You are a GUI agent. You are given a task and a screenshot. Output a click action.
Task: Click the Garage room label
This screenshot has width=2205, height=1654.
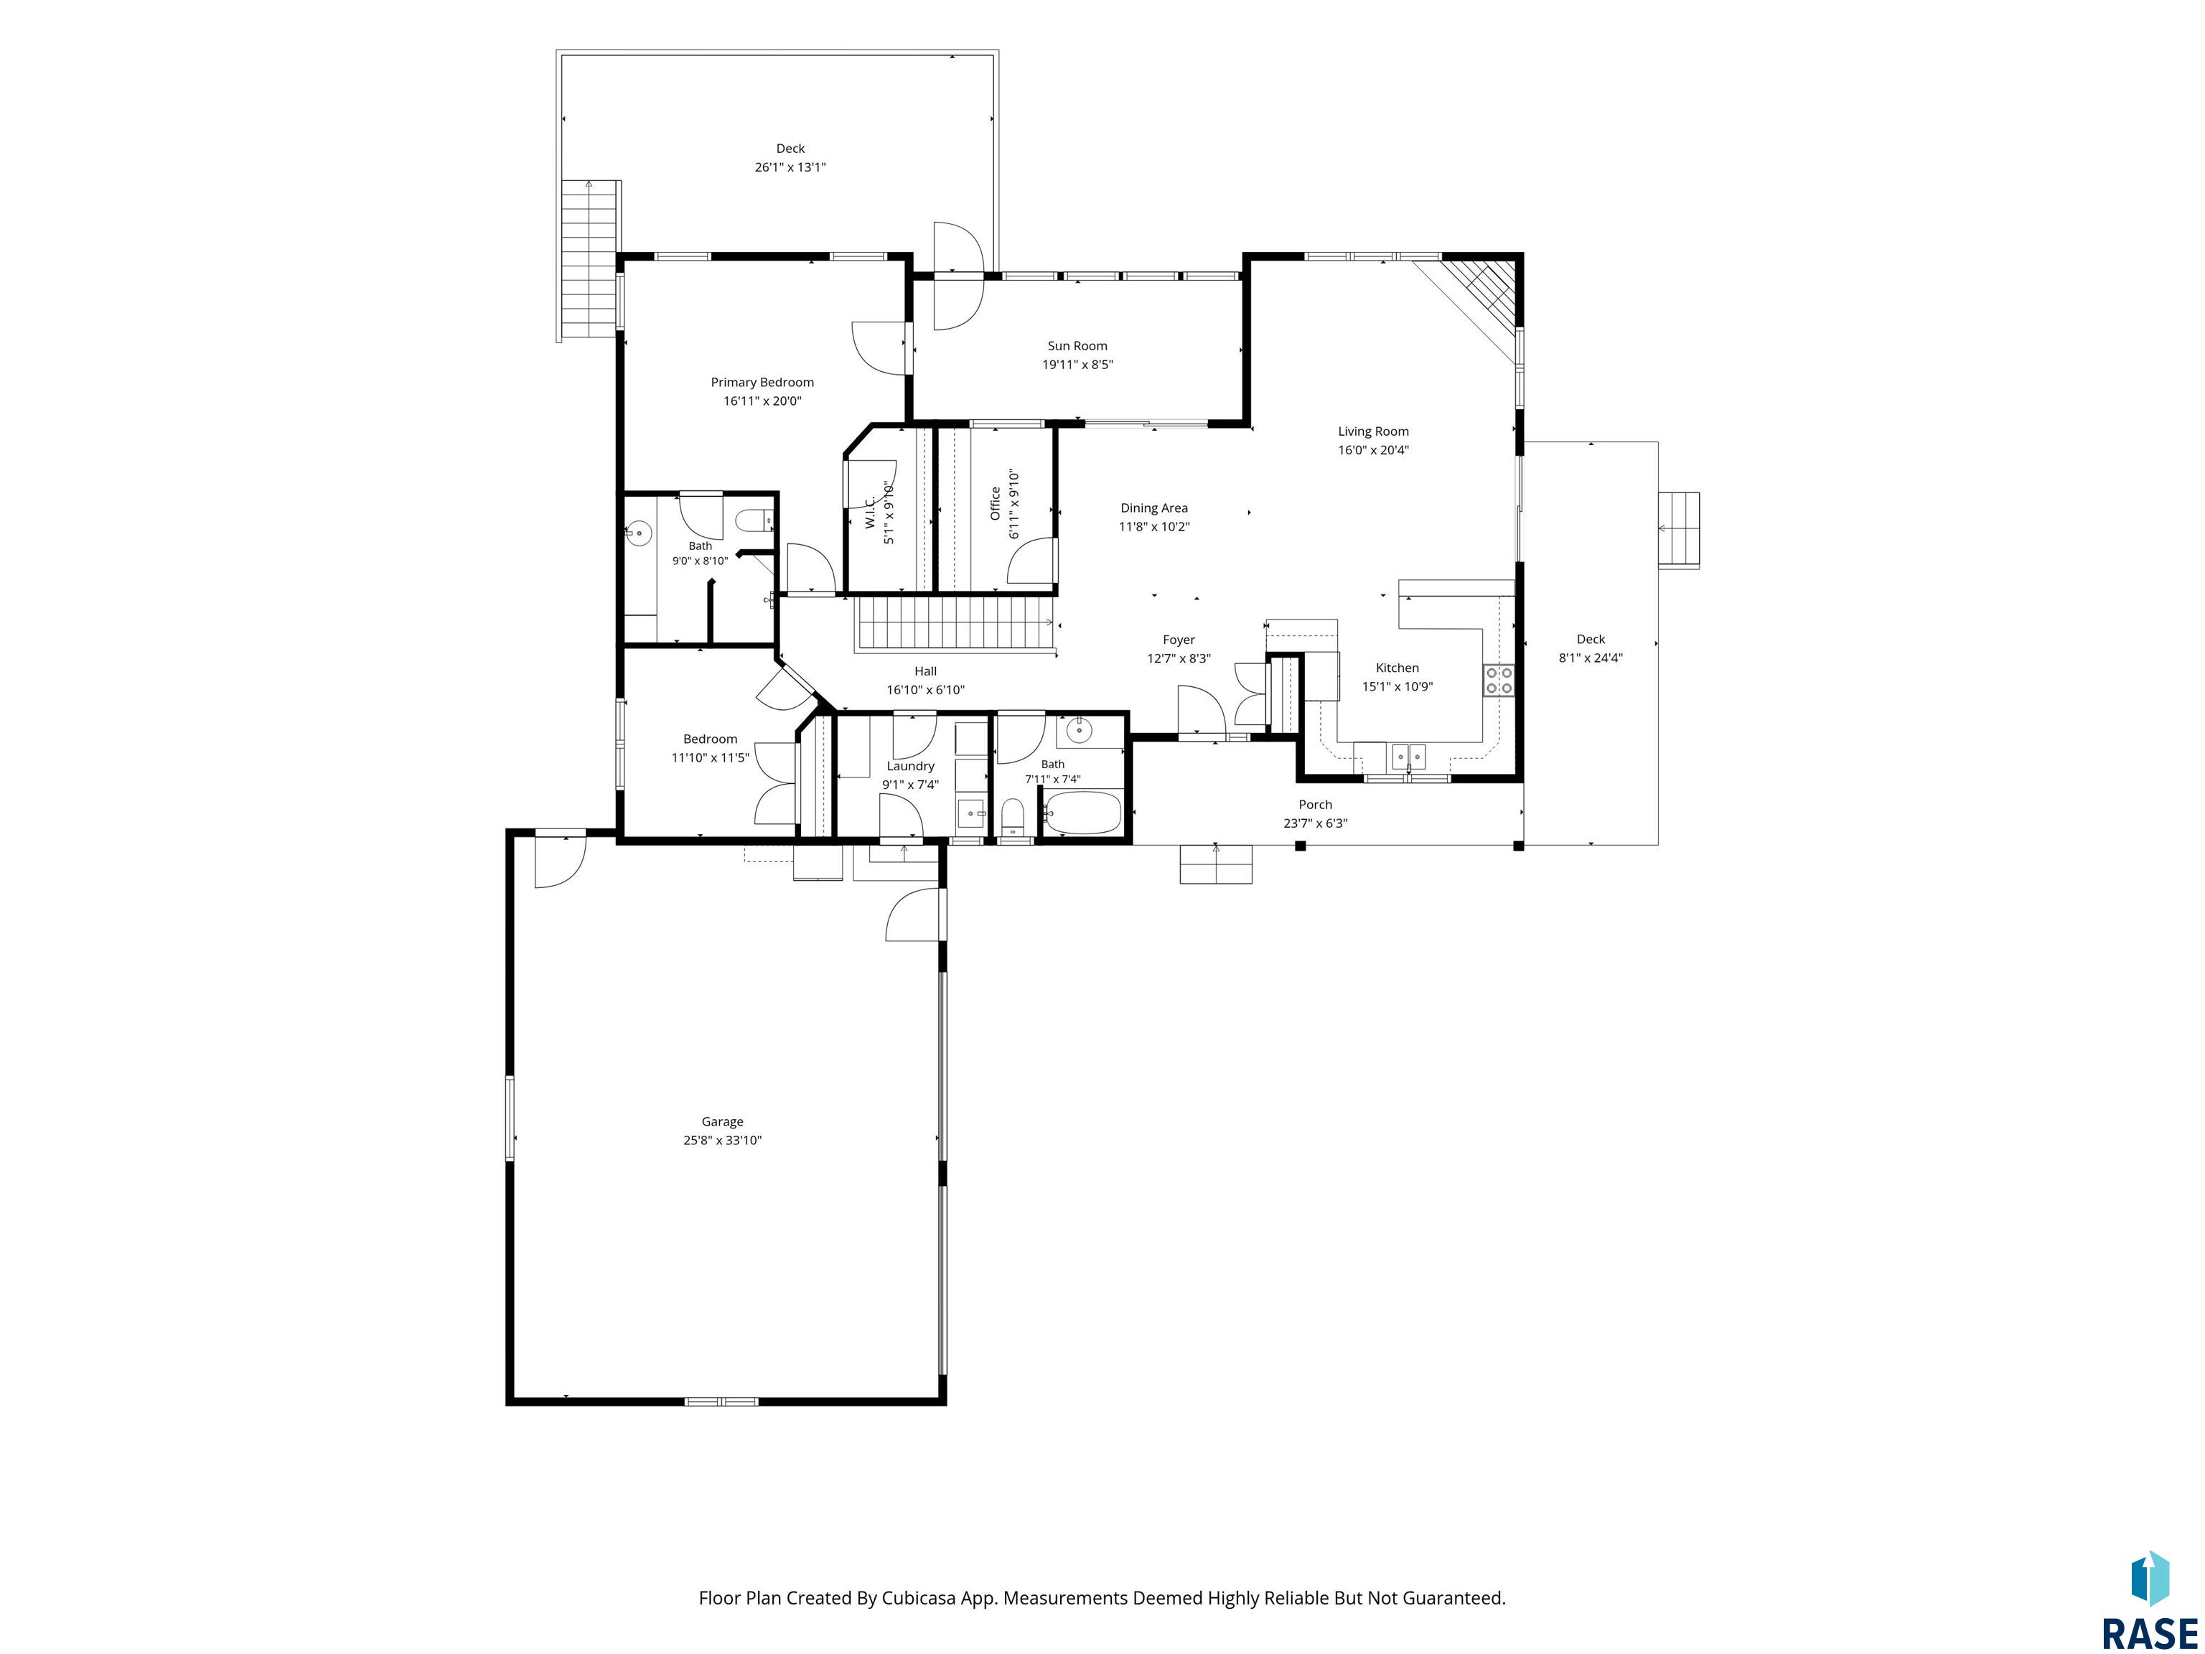click(721, 1121)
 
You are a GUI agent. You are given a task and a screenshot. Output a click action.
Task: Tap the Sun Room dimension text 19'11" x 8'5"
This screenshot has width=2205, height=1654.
click(1077, 365)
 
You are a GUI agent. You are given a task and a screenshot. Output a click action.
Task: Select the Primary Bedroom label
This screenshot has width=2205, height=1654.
click(762, 383)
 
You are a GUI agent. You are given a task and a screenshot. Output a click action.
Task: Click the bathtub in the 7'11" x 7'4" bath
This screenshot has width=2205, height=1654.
click(1084, 813)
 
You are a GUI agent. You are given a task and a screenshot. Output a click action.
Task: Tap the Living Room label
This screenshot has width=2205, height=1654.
click(1374, 431)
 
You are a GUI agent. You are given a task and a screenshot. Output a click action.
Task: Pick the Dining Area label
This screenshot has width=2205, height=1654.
click(1154, 508)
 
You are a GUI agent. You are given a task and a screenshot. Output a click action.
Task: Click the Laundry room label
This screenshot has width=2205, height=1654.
click(910, 767)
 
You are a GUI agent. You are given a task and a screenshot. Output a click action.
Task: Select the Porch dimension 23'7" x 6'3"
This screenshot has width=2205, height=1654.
click(1315, 823)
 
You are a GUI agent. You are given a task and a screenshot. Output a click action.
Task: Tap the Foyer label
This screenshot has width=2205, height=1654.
click(1179, 640)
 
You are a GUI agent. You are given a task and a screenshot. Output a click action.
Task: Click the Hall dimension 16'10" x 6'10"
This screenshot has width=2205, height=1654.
click(926, 690)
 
